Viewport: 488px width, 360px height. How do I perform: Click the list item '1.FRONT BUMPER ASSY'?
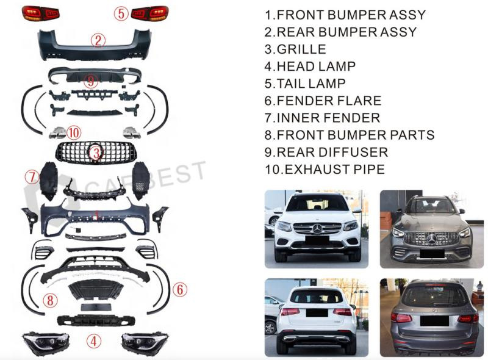(x=345, y=15)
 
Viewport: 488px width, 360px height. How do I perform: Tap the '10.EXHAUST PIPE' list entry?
(x=325, y=169)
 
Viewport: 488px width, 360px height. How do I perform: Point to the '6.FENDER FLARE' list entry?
(x=323, y=101)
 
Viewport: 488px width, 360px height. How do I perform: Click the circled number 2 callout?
(x=98, y=41)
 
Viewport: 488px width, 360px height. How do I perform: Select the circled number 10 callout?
(x=73, y=132)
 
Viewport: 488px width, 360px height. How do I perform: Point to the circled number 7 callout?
(x=32, y=178)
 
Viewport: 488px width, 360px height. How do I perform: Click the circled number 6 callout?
(x=179, y=290)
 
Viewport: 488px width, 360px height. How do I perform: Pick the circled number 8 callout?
(x=51, y=300)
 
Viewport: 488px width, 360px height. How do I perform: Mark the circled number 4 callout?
(x=93, y=342)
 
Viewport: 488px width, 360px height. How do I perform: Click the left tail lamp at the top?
(x=40, y=13)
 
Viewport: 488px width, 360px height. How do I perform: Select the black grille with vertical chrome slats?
(x=95, y=151)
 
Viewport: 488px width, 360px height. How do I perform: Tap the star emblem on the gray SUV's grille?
(x=432, y=239)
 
